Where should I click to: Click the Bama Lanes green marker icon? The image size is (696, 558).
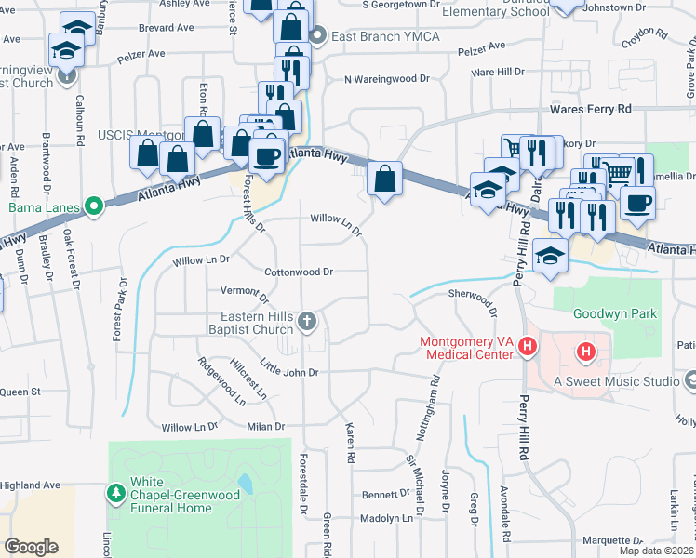click(94, 206)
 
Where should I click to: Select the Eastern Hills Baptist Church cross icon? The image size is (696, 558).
click(308, 322)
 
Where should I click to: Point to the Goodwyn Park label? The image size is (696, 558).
click(615, 313)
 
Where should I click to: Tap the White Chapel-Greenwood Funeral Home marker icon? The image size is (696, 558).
click(116, 490)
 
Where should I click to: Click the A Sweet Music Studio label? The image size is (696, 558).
click(615, 381)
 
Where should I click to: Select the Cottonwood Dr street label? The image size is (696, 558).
click(299, 272)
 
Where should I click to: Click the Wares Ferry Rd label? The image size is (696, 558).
click(590, 109)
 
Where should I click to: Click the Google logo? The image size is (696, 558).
click(32, 547)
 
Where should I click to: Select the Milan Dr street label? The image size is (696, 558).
click(264, 426)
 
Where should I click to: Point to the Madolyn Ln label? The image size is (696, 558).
click(385, 518)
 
